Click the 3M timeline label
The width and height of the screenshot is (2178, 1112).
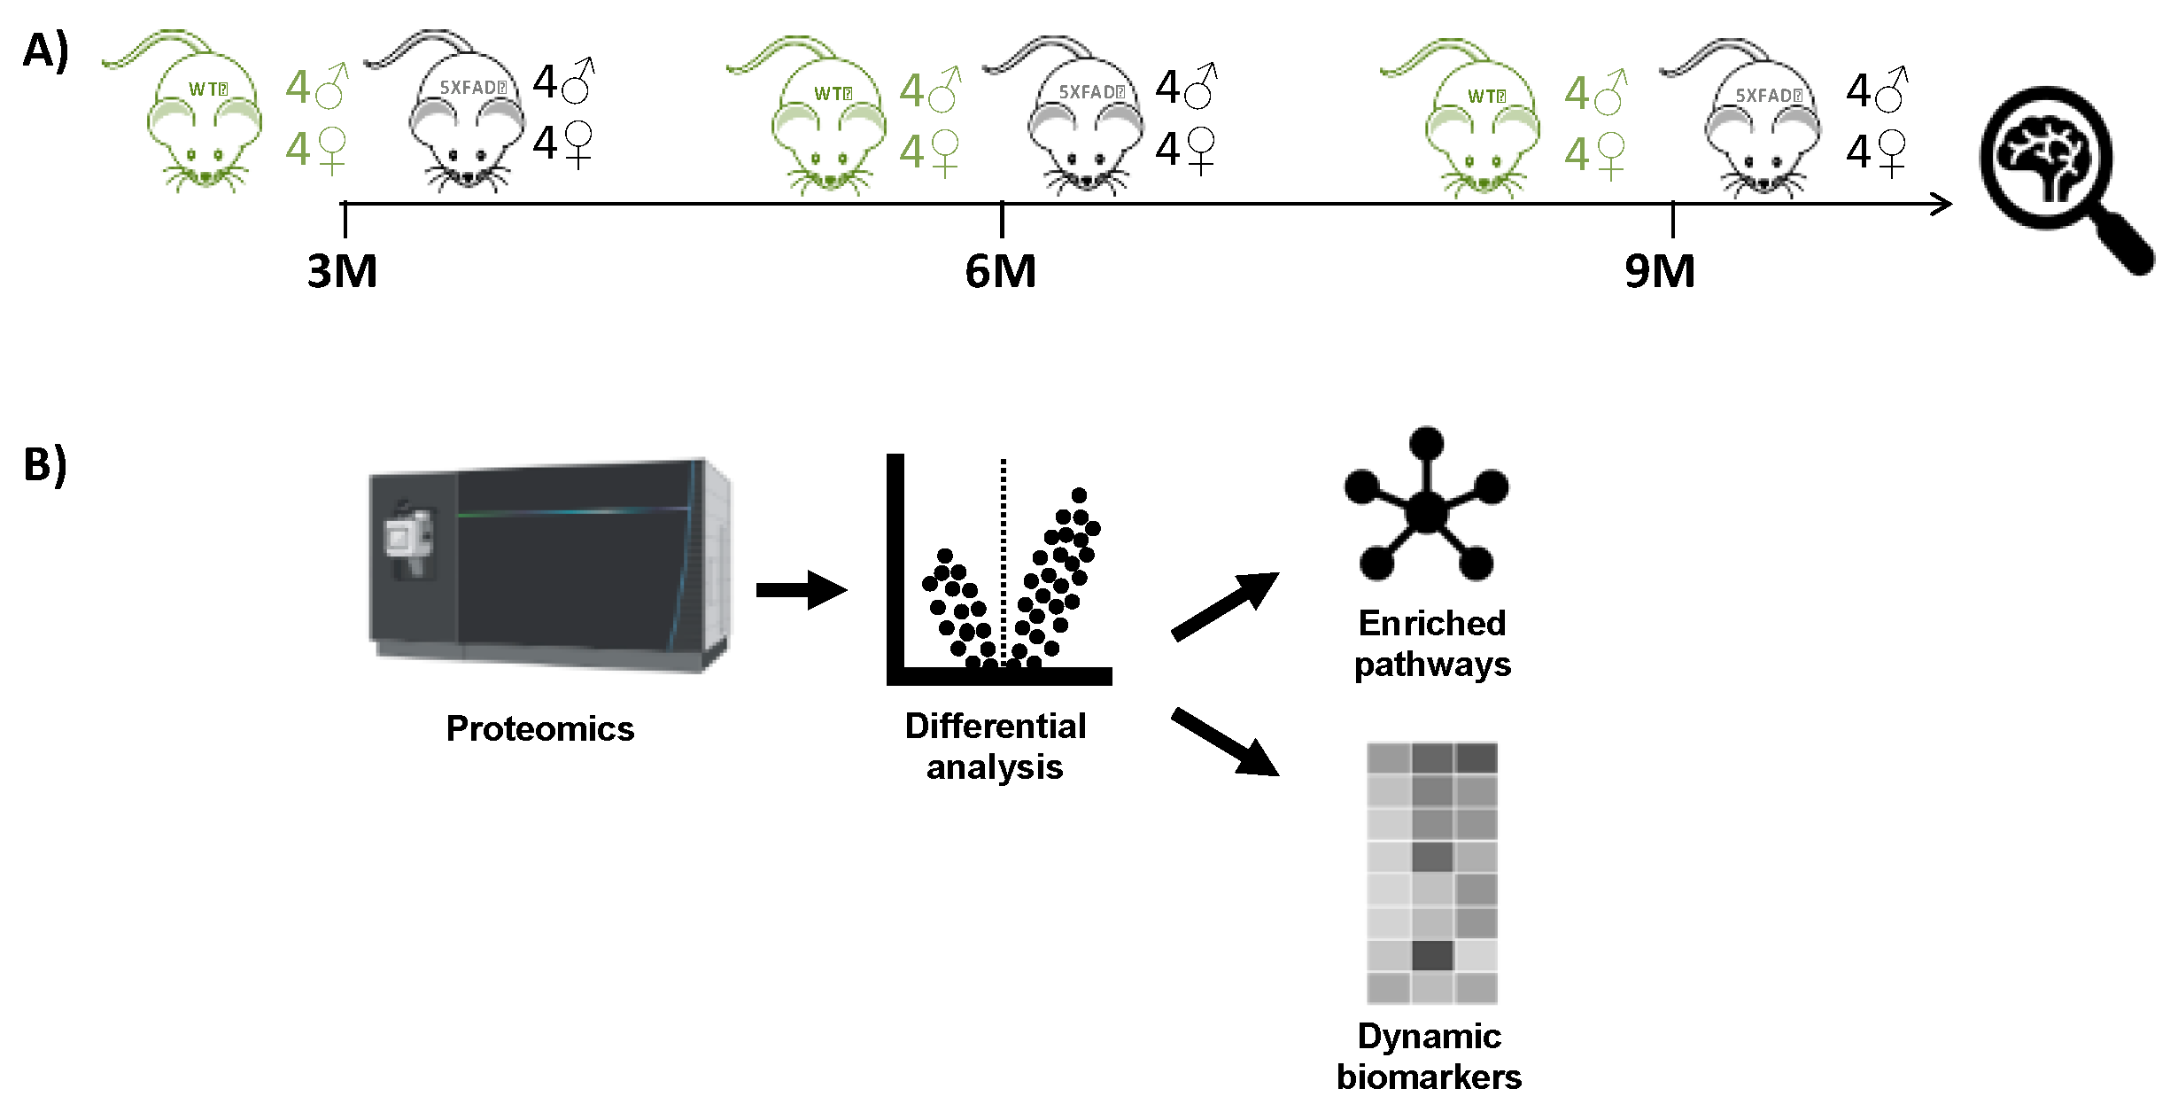click(342, 271)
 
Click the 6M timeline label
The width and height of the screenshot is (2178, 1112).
click(1000, 271)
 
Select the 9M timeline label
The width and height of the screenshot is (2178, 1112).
click(1659, 271)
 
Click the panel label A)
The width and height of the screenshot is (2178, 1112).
click(45, 51)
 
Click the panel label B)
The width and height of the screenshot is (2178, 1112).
click(45, 465)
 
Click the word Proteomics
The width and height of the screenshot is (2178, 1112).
click(539, 728)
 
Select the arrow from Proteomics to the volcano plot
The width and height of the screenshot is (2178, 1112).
click(802, 590)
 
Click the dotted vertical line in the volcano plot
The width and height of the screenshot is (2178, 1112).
click(1003, 549)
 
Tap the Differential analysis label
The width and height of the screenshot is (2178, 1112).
click(995, 746)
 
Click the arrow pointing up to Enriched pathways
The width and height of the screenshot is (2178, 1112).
click(1225, 606)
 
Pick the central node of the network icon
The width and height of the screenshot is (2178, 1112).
click(1425, 511)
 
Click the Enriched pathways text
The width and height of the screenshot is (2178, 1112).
click(1431, 643)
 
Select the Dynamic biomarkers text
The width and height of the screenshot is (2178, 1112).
click(1429, 1056)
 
